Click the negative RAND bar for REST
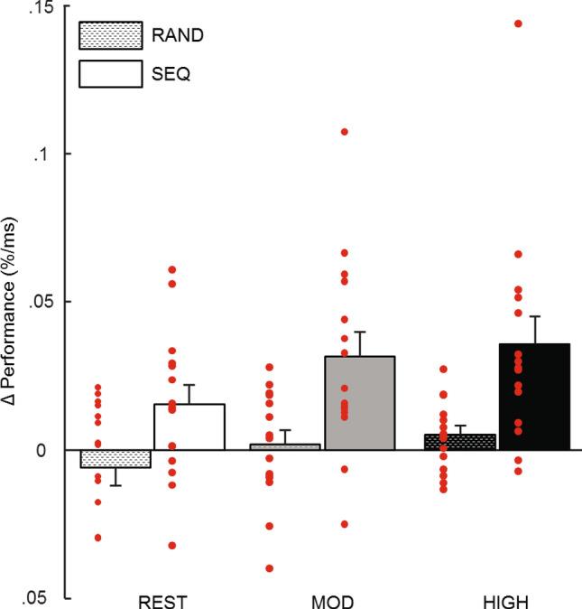pyautogui.click(x=115, y=458)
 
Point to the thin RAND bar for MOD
pyautogui.click(x=285, y=446)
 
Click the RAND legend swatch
pyautogui.click(x=110, y=35)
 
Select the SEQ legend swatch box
pyautogui.click(x=110, y=73)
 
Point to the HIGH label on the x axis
pyautogui.click(x=500, y=600)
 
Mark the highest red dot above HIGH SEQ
pyautogui.click(x=518, y=23)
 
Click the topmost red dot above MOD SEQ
pyautogui.click(x=344, y=132)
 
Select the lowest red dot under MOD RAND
pyautogui.click(x=269, y=568)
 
